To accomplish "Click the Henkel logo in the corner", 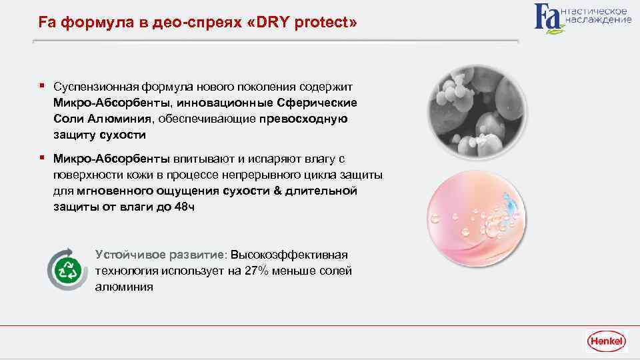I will (x=606, y=341).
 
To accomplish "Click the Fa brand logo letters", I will (x=548, y=17).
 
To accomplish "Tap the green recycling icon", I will (x=69, y=271).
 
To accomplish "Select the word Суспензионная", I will (x=95, y=87).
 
